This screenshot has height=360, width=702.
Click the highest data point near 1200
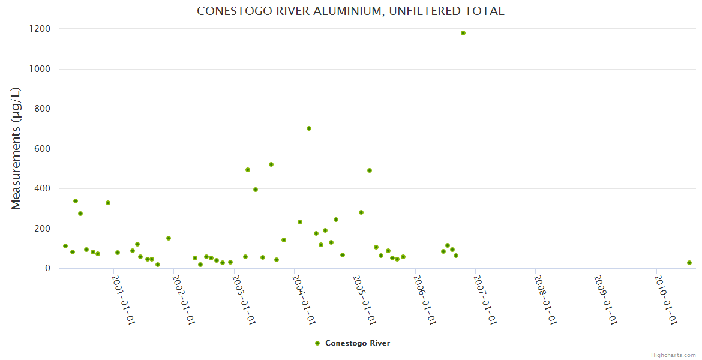[463, 33]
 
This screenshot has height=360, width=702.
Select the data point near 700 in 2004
[309, 128]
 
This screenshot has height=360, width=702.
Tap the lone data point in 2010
[689, 263]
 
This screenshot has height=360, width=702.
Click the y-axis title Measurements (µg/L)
[16, 148]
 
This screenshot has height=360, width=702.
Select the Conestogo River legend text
[358, 343]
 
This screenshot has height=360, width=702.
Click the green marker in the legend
[317, 343]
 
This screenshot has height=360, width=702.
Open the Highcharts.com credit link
[673, 355]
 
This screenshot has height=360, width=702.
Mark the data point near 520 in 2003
[271, 164]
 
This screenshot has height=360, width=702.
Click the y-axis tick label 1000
[39, 69]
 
